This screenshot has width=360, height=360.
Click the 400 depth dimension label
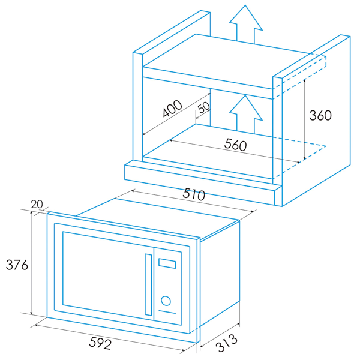point(172,109)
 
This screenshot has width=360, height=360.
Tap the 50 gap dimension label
point(204,107)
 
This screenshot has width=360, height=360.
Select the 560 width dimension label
point(236,145)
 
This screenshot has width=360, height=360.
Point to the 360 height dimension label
point(320,115)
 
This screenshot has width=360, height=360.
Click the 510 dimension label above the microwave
point(194,194)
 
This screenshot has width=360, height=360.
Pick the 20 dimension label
point(37,204)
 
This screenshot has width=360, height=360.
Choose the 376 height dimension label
point(17,265)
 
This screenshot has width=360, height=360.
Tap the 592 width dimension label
point(100,343)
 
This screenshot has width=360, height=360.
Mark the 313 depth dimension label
point(226,343)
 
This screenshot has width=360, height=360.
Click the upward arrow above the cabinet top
point(245,24)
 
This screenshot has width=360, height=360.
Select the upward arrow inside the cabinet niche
point(245,114)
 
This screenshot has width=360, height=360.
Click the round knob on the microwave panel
point(166,301)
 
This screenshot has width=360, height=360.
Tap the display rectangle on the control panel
point(167,263)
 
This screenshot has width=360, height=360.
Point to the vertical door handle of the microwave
point(148,284)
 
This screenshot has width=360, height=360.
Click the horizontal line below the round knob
point(167,312)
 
